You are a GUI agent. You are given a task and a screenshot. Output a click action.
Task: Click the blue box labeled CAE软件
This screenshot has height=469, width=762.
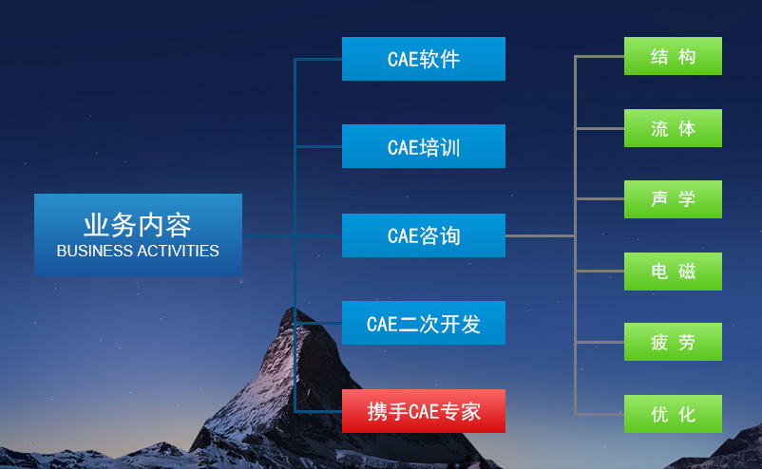tap(423, 59)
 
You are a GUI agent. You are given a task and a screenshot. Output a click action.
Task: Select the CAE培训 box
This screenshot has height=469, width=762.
tap(423, 146)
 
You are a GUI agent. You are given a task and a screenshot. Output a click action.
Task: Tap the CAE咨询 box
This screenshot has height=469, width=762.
tap(423, 235)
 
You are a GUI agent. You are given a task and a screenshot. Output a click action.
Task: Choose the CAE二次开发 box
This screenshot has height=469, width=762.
tap(423, 323)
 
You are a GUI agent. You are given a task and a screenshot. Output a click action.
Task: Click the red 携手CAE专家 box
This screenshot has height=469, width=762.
tap(423, 411)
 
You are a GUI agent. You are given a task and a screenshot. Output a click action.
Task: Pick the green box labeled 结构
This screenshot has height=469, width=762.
tap(673, 56)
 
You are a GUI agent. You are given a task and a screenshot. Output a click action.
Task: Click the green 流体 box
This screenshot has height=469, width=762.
tap(673, 128)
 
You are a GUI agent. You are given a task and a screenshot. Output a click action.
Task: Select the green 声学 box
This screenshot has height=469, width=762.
tap(673, 199)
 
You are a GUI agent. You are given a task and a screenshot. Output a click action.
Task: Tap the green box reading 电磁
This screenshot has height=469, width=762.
tap(673, 272)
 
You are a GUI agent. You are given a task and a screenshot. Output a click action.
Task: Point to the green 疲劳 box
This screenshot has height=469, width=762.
tap(673, 342)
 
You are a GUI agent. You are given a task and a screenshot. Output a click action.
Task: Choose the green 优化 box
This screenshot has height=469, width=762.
tap(673, 414)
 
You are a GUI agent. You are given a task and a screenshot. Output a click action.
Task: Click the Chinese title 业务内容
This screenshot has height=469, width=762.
tap(138, 225)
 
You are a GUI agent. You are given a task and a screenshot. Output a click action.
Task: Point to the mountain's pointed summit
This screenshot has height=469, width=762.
tap(292, 308)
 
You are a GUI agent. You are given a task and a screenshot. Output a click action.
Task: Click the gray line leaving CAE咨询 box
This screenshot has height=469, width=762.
tap(540, 236)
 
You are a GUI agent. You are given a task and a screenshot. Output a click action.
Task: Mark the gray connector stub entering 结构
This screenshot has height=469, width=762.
tap(600, 56)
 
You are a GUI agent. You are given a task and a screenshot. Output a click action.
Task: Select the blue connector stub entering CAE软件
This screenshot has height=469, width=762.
tap(318, 59)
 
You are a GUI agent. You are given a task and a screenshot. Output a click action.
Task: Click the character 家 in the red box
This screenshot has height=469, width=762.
tap(471, 412)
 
